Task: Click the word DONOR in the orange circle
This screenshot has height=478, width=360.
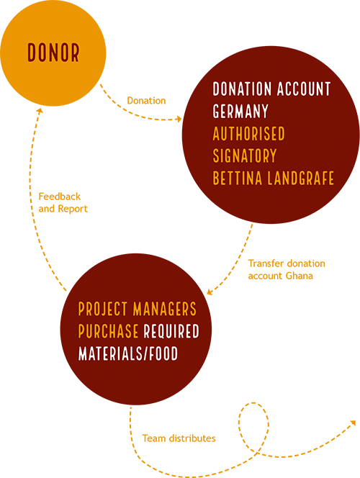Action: tap(53, 53)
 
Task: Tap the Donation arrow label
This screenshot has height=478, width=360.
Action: tap(146, 101)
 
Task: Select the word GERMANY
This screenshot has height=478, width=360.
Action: tap(240, 111)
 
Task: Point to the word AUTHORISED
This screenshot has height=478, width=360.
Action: tap(248, 133)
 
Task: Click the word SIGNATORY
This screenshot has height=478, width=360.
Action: tap(245, 155)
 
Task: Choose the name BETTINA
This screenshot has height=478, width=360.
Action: tap(238, 178)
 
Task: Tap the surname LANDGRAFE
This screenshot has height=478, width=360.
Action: tap(301, 178)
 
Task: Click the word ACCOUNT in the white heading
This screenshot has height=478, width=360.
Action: tap(304, 89)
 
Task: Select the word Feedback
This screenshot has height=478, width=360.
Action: tap(60, 197)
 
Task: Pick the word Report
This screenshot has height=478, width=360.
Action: tap(73, 209)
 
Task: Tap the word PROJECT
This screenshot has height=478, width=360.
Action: tap(103, 309)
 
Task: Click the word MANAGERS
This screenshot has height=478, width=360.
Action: tap(165, 309)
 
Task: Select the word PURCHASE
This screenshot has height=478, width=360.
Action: tap(108, 331)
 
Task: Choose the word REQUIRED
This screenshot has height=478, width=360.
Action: tap(171, 331)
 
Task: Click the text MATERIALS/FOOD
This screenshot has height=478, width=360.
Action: tap(128, 353)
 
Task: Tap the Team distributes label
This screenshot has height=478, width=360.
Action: tap(179, 438)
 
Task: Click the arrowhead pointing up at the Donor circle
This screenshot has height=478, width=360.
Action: tap(40, 110)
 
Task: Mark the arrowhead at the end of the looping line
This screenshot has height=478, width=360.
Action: tap(353, 423)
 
